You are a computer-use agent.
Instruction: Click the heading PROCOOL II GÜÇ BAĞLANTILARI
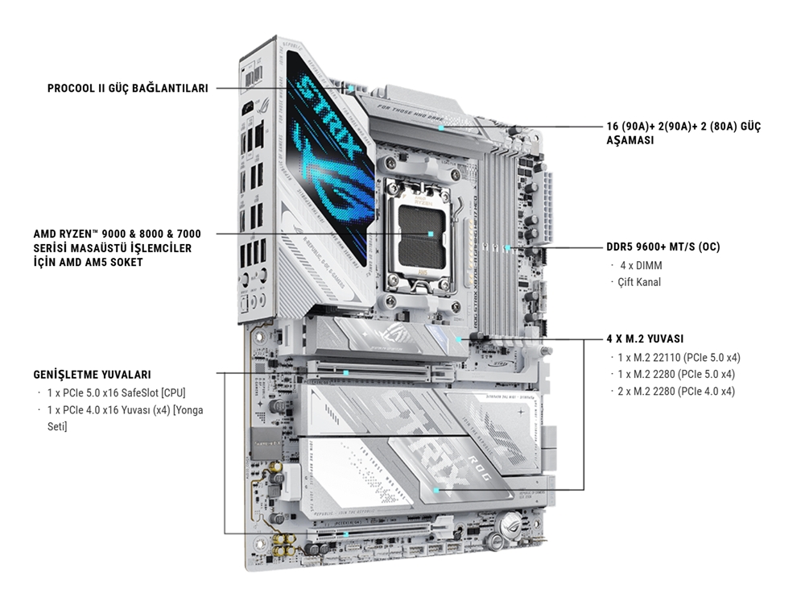click(x=127, y=88)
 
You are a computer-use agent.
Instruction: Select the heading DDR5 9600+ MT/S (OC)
click(x=663, y=247)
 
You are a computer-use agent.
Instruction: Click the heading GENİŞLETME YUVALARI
click(x=92, y=375)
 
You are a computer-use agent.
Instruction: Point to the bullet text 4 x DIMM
click(x=641, y=265)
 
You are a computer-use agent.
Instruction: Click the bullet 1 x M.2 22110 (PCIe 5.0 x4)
click(x=679, y=357)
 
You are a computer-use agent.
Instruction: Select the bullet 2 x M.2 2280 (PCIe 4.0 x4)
click(x=675, y=391)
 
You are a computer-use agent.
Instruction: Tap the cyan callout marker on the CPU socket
click(x=432, y=234)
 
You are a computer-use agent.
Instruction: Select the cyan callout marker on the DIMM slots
click(x=509, y=247)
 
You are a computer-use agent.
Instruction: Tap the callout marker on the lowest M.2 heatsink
click(x=436, y=489)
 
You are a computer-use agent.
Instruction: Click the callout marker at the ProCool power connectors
click(x=353, y=86)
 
